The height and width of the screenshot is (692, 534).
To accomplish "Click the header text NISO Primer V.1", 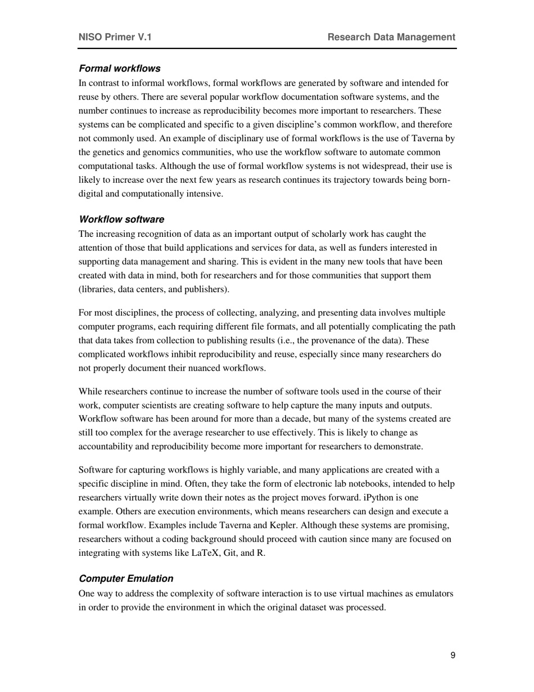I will point(115,37).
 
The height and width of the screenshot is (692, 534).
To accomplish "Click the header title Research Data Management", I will point(391,37).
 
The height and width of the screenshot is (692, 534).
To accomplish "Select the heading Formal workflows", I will point(120,69).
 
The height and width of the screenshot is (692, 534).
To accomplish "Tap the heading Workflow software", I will point(121,219).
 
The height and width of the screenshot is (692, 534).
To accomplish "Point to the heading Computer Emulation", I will point(126,578).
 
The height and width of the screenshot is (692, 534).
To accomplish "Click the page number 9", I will point(452,655).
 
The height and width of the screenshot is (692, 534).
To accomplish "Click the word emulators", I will point(433,594).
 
